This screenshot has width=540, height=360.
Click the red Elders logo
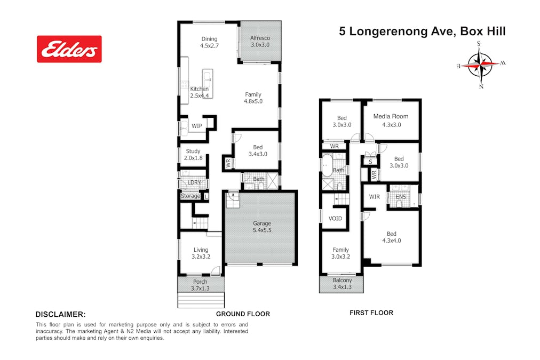pyautogui.click(x=69, y=49)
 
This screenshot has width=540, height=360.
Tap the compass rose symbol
pyautogui.click(x=480, y=65)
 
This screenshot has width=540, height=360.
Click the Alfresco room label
pyautogui.click(x=260, y=41)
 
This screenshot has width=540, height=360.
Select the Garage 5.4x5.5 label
pyautogui.click(x=262, y=227)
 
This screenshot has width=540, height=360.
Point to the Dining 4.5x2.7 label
pyautogui.click(x=209, y=42)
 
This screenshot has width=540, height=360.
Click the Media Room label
pyautogui.click(x=391, y=121)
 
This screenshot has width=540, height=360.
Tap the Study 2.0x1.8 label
pyautogui.click(x=193, y=155)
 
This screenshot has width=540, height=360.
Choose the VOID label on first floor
pyautogui.click(x=335, y=219)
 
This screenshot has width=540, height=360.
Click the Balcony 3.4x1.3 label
pyautogui.click(x=343, y=284)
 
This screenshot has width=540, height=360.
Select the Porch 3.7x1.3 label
pyautogui.click(x=200, y=285)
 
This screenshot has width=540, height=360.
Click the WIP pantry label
pyautogui.click(x=197, y=126)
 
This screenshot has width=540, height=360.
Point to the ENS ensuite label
pyautogui.click(x=401, y=197)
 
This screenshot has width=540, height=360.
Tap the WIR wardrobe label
pyautogui.click(x=375, y=197)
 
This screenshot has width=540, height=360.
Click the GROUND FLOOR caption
pyautogui.click(x=243, y=314)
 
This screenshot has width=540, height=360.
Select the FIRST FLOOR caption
pyautogui.click(x=371, y=313)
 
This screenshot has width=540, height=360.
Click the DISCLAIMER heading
pyautogui.click(x=61, y=314)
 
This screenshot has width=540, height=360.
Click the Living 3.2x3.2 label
pyautogui.click(x=201, y=253)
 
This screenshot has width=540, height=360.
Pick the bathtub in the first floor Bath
pyautogui.click(x=327, y=165)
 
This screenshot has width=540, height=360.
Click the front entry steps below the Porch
pyautogui.click(x=201, y=300)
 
